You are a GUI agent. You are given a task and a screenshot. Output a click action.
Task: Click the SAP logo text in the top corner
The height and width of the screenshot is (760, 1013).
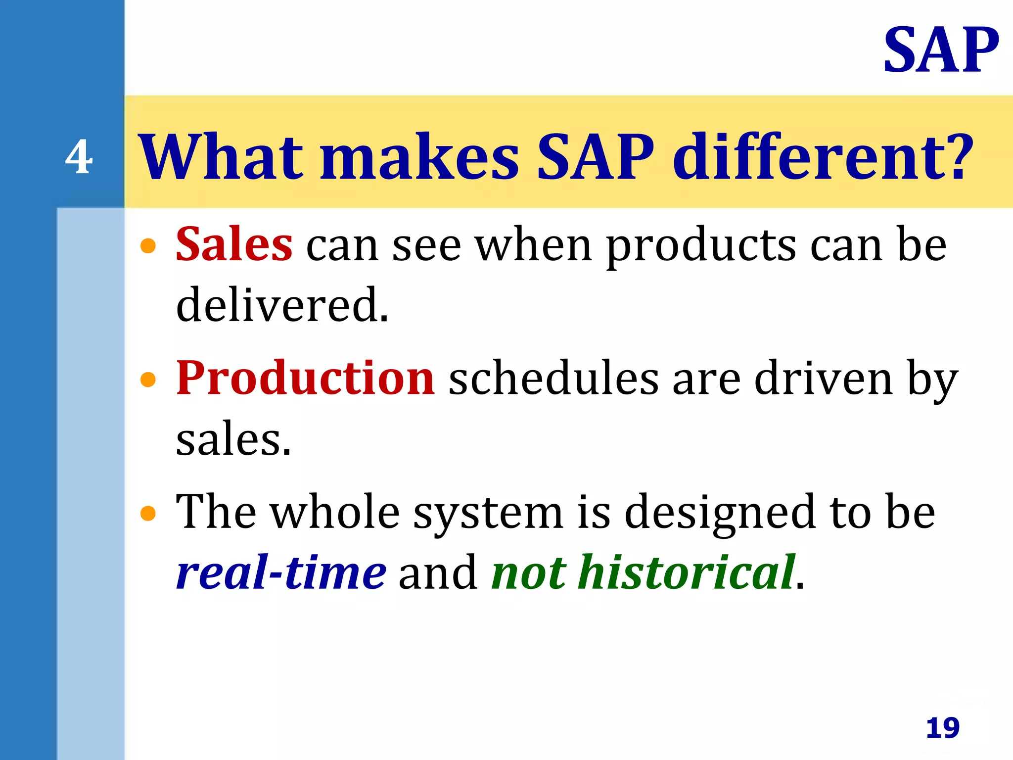(941, 51)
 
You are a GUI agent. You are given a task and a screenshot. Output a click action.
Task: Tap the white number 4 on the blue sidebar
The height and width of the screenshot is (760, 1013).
(79, 157)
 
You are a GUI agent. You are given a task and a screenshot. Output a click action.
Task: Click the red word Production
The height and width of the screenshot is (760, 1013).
(305, 379)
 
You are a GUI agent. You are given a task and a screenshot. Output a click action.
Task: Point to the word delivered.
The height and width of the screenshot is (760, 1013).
(282, 305)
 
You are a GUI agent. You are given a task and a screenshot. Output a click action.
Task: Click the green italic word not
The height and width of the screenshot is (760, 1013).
(528, 573)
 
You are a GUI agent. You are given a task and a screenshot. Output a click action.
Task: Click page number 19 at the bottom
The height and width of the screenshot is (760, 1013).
(942, 728)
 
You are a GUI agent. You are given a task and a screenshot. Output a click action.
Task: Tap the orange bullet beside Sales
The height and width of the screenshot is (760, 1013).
(148, 246)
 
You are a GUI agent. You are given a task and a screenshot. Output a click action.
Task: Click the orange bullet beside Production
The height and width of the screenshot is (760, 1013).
(148, 380)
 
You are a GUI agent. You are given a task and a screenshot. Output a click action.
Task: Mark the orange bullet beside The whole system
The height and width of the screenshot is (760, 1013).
(148, 513)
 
